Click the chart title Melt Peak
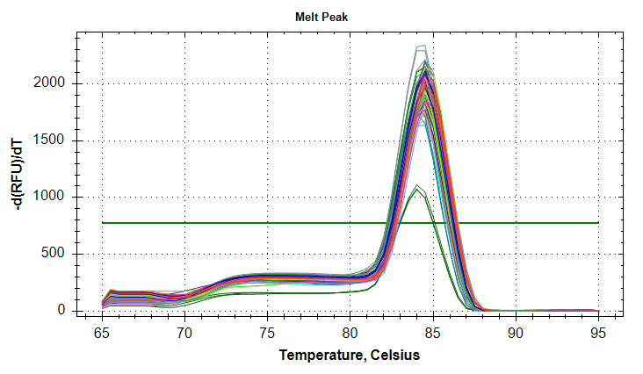coord(321,18)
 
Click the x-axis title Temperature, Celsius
coord(350,356)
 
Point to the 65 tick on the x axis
coord(102,334)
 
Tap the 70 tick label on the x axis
coord(184,334)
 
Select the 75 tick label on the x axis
coord(267,334)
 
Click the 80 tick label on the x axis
coord(350,334)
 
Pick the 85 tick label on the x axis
coord(432,334)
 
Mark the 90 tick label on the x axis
coord(516,334)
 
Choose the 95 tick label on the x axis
coord(598,334)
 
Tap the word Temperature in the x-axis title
coord(322,356)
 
